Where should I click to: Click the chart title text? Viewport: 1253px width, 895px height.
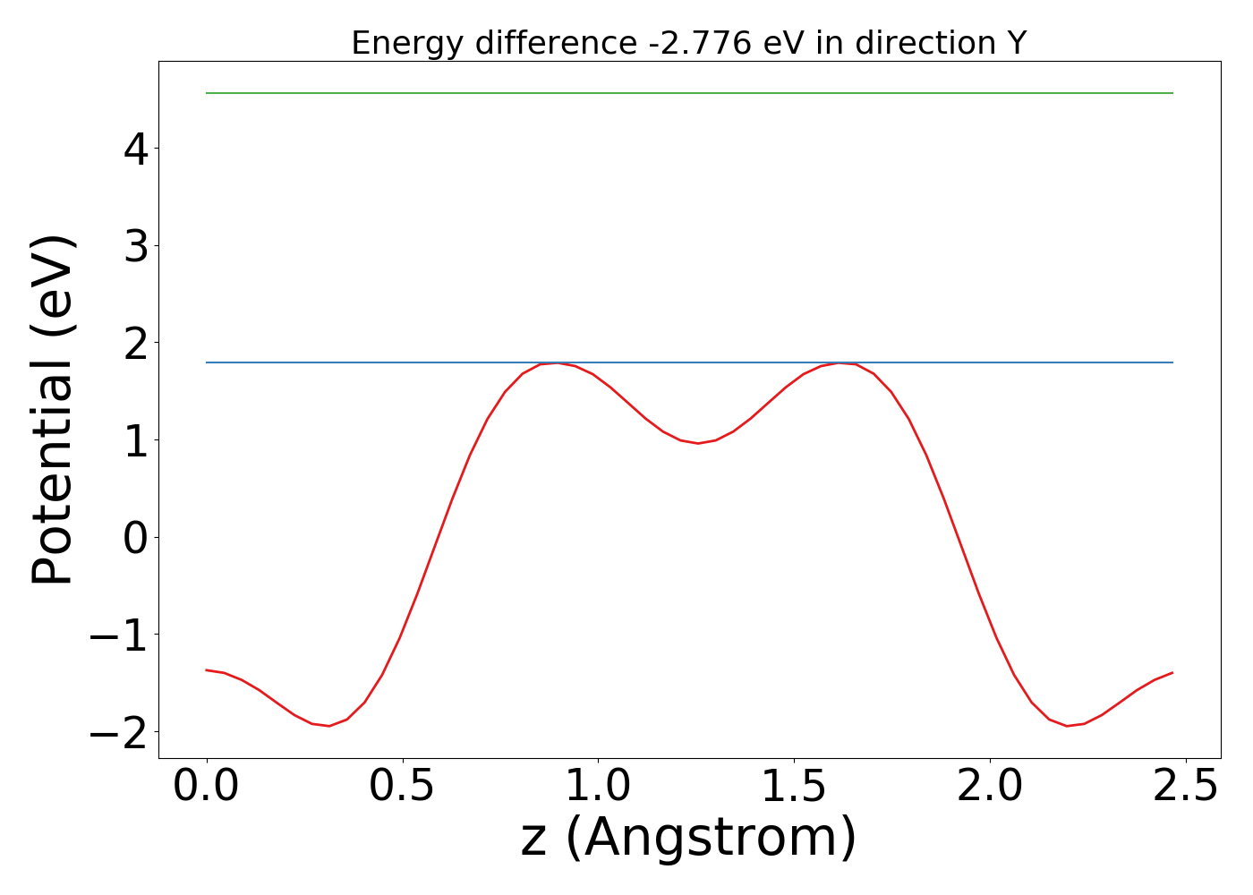[688, 43]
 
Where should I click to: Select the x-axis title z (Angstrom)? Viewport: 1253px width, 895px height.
[688, 838]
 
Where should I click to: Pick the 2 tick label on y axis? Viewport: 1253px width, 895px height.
[135, 343]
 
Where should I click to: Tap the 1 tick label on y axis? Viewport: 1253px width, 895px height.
[135, 440]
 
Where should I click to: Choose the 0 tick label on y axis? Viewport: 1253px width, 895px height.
[135, 538]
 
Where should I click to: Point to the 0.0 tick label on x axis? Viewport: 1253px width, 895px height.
[207, 787]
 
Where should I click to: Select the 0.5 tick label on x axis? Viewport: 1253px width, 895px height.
[403, 787]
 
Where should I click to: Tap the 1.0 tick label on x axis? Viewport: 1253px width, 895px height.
[599, 787]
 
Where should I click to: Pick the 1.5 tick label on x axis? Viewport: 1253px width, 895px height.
[795, 787]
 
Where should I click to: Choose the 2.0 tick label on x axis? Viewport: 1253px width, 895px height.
[990, 787]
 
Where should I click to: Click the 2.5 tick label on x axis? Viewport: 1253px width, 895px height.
[1186, 787]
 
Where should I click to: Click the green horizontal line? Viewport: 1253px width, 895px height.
[689, 93]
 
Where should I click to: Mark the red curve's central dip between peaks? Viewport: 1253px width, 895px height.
[698, 443]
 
